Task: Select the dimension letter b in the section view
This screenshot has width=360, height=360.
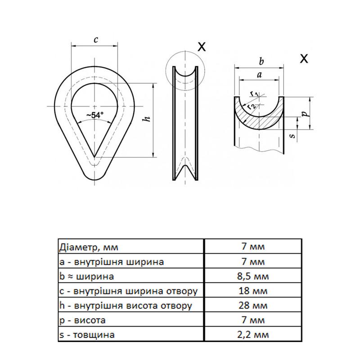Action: [x=261, y=61]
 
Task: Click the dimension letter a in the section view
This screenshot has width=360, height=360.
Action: [x=259, y=75]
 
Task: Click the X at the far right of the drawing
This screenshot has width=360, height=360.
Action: [x=304, y=58]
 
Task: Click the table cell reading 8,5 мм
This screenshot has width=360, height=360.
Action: [x=252, y=276]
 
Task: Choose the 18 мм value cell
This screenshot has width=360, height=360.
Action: [x=252, y=291]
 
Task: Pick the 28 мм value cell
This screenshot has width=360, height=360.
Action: [x=252, y=306]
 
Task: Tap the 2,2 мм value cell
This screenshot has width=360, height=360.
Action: [x=252, y=335]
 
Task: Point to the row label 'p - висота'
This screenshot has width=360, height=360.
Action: [x=83, y=320]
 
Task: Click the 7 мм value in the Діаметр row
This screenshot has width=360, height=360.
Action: [x=252, y=247]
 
